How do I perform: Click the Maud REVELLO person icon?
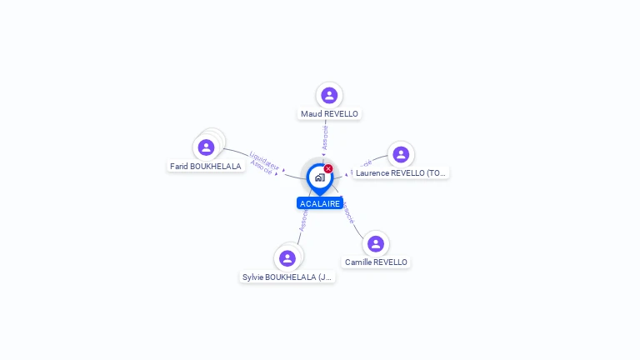[329, 95]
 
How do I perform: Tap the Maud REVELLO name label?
[329, 113]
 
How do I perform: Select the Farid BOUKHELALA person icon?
[206, 147]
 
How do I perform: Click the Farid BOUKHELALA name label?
[206, 166]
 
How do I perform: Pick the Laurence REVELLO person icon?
[401, 154]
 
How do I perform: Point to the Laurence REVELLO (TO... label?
[401, 173]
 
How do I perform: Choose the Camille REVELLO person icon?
[376, 243]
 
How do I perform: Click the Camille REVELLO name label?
[376, 262]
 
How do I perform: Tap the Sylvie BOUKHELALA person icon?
[287, 257]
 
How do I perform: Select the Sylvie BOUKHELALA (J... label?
[287, 277]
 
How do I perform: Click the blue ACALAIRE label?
[320, 203]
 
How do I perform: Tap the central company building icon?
[319, 177]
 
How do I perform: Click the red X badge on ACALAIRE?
[328, 168]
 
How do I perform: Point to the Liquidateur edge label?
[265, 158]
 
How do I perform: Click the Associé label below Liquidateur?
[262, 166]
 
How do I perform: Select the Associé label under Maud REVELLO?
[325, 137]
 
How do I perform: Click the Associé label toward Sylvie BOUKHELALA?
[304, 220]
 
